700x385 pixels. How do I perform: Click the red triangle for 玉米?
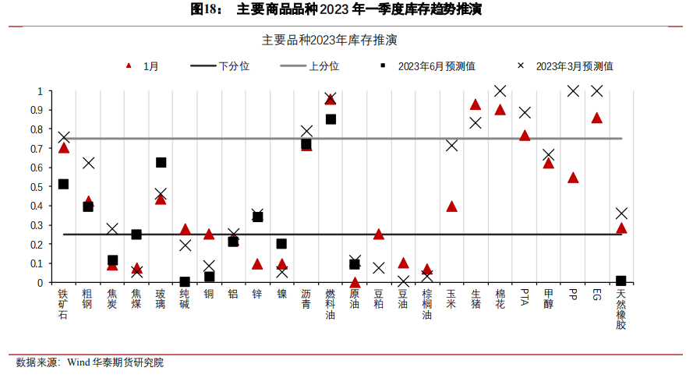451,207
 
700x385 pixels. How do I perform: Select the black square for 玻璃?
161,162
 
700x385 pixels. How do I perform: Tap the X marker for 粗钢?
88,163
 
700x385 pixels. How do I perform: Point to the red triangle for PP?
573,178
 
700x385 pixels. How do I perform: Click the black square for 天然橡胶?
620,281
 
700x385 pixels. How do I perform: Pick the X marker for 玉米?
451,145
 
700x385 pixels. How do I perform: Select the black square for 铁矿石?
64,184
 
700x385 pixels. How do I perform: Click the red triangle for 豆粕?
379,234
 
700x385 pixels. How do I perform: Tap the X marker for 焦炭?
112,229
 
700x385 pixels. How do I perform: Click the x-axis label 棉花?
500,299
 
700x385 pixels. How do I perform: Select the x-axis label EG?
596,296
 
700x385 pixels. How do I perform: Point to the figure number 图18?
205,9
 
